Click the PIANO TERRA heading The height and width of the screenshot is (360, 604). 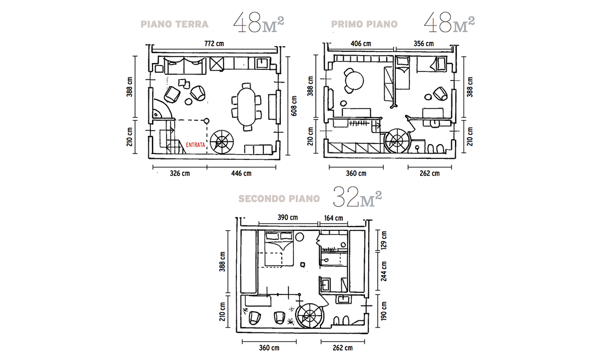point(174,24)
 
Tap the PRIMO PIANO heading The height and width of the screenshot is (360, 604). point(365,24)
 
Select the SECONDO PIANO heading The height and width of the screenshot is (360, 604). point(279,199)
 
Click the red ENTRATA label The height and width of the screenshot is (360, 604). point(196,145)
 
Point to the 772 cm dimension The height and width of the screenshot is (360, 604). point(214,43)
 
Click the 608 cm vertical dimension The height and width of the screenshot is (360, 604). point(294,106)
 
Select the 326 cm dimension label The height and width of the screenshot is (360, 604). point(180,173)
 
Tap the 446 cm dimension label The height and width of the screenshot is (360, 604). point(241,173)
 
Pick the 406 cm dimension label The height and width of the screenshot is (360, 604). point(361,43)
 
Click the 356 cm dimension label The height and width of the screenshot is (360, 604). point(424,43)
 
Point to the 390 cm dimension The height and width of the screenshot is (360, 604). point(288,218)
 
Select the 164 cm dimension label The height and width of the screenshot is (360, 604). point(334,218)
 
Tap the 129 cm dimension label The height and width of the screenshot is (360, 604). point(384,240)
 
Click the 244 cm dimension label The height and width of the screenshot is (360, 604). point(384,271)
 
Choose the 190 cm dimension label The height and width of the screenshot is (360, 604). point(384,311)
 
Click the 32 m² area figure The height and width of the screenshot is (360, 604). point(357,197)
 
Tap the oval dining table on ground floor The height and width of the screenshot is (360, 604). point(246,106)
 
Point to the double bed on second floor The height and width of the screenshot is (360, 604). point(279,249)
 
